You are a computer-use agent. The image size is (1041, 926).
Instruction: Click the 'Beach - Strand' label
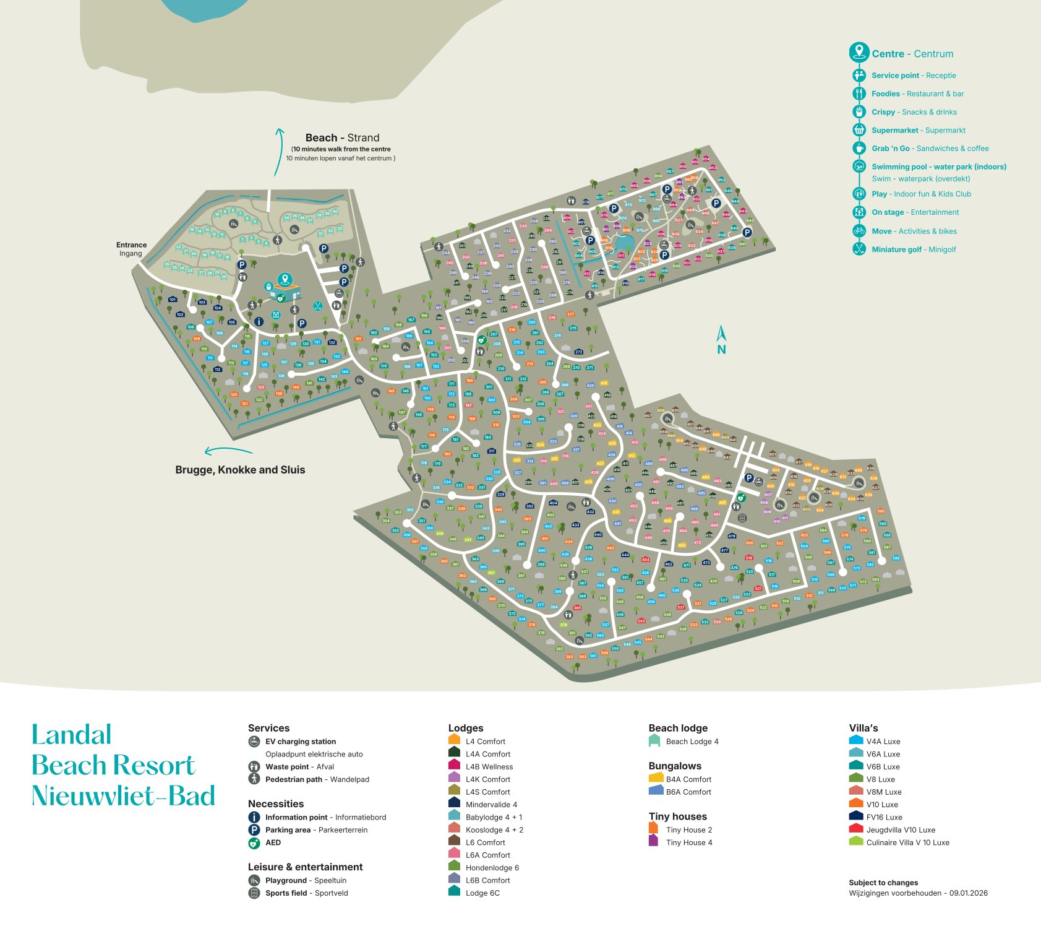click(342, 137)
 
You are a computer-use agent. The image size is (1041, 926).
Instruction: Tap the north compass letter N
click(721, 349)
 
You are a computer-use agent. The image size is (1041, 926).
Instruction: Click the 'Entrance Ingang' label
click(131, 249)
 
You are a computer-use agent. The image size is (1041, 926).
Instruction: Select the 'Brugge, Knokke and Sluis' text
click(240, 470)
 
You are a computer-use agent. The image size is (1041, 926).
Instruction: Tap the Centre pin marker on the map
click(285, 280)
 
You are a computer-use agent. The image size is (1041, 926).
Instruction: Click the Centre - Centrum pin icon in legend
click(859, 53)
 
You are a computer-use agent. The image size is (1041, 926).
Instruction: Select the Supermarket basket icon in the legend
click(859, 130)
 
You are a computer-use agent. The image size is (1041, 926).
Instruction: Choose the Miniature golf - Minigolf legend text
click(913, 249)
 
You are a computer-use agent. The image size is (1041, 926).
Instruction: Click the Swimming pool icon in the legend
click(859, 167)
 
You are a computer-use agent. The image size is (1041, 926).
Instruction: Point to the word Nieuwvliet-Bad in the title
click(123, 796)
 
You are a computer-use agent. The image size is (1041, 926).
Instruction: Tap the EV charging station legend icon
click(254, 742)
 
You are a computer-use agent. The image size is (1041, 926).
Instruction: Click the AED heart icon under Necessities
click(254, 842)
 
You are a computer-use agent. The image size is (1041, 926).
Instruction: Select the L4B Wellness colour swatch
click(454, 766)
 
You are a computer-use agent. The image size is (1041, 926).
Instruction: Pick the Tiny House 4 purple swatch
click(653, 841)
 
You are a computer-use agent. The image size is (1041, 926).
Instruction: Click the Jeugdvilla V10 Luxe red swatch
click(855, 829)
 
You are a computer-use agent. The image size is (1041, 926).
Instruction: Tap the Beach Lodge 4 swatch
click(654, 741)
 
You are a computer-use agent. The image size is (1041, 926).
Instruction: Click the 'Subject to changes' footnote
click(883, 883)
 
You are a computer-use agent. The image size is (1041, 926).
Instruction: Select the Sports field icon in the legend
click(254, 893)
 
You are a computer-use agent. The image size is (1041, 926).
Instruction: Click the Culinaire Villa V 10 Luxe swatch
click(855, 842)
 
